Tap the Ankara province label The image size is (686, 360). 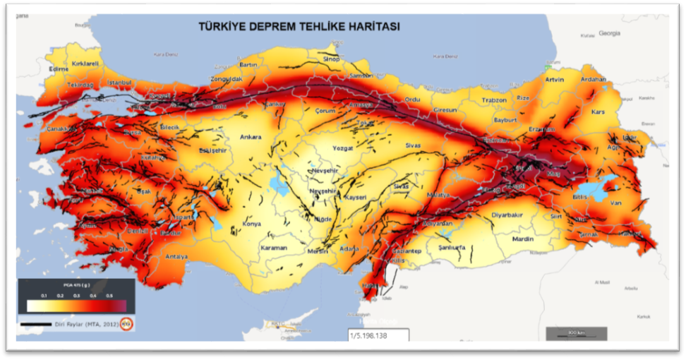[x=251, y=137]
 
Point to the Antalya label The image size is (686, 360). [x=176, y=257]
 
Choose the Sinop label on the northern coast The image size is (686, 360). [x=331, y=59]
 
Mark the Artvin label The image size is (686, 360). [x=555, y=79]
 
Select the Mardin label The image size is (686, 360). [x=523, y=239]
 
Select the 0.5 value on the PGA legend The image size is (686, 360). [x=109, y=294]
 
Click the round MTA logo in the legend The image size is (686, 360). [x=126, y=324]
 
